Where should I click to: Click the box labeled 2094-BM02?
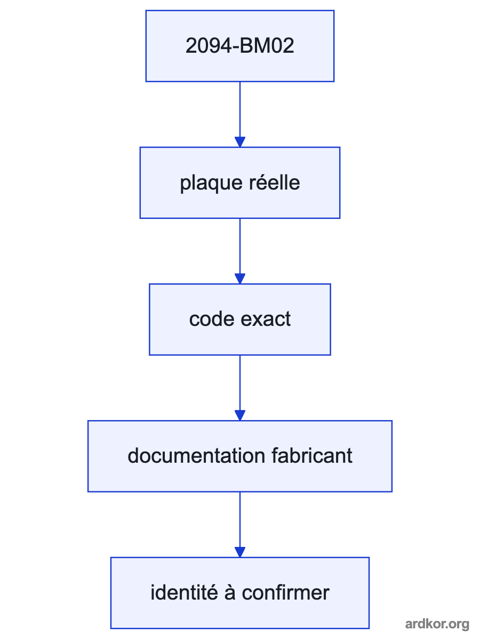click(x=240, y=46)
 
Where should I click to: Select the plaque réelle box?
click(x=240, y=183)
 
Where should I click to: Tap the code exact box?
click(x=240, y=319)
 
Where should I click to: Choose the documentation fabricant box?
click(x=240, y=456)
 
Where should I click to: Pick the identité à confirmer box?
click(x=240, y=593)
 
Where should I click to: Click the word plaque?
click(x=211, y=184)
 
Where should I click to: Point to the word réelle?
click(x=274, y=182)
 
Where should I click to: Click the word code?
click(x=212, y=319)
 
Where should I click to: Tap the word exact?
click(x=266, y=319)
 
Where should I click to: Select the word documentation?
click(x=196, y=456)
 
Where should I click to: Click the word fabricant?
click(x=311, y=456)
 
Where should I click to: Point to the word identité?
click(x=184, y=593)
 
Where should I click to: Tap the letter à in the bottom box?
click(x=230, y=593)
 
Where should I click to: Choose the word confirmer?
click(x=285, y=593)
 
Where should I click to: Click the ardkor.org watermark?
click(x=437, y=624)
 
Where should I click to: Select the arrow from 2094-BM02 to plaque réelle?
click(x=240, y=114)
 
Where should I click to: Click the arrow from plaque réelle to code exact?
click(x=240, y=251)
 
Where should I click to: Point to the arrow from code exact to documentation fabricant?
click(x=240, y=388)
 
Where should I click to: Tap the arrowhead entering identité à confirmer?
click(x=240, y=552)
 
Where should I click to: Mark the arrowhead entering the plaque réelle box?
click(x=240, y=142)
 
